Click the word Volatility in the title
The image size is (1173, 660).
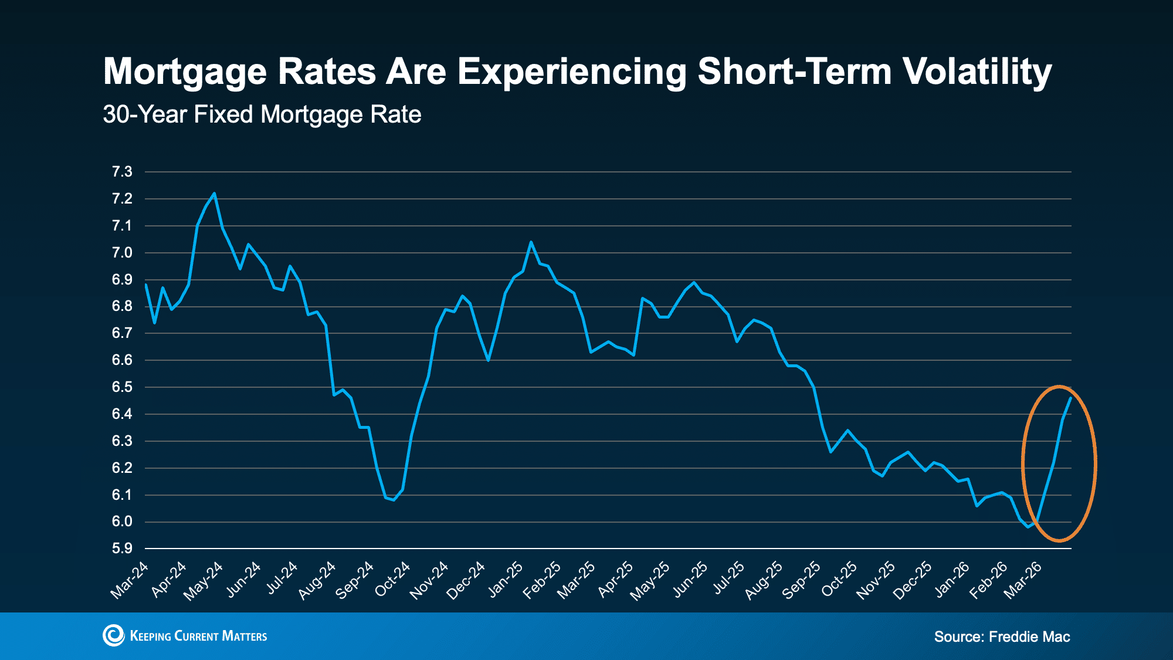pos(977,72)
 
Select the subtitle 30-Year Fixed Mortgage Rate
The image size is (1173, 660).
pos(262,114)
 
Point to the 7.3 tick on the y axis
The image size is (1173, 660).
pos(122,172)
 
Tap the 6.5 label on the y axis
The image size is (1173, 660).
pos(122,387)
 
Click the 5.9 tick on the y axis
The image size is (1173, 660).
pos(122,549)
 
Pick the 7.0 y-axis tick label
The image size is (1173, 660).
pos(122,253)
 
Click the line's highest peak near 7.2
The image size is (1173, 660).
pos(214,193)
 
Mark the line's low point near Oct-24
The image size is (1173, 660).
pos(394,500)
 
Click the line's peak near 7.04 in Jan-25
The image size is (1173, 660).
pos(531,242)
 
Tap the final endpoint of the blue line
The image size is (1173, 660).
pos(1071,398)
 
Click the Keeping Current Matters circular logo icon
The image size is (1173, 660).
pos(113,635)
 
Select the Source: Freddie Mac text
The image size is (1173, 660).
pos(1002,637)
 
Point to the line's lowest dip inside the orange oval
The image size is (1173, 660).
pos(1028,527)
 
